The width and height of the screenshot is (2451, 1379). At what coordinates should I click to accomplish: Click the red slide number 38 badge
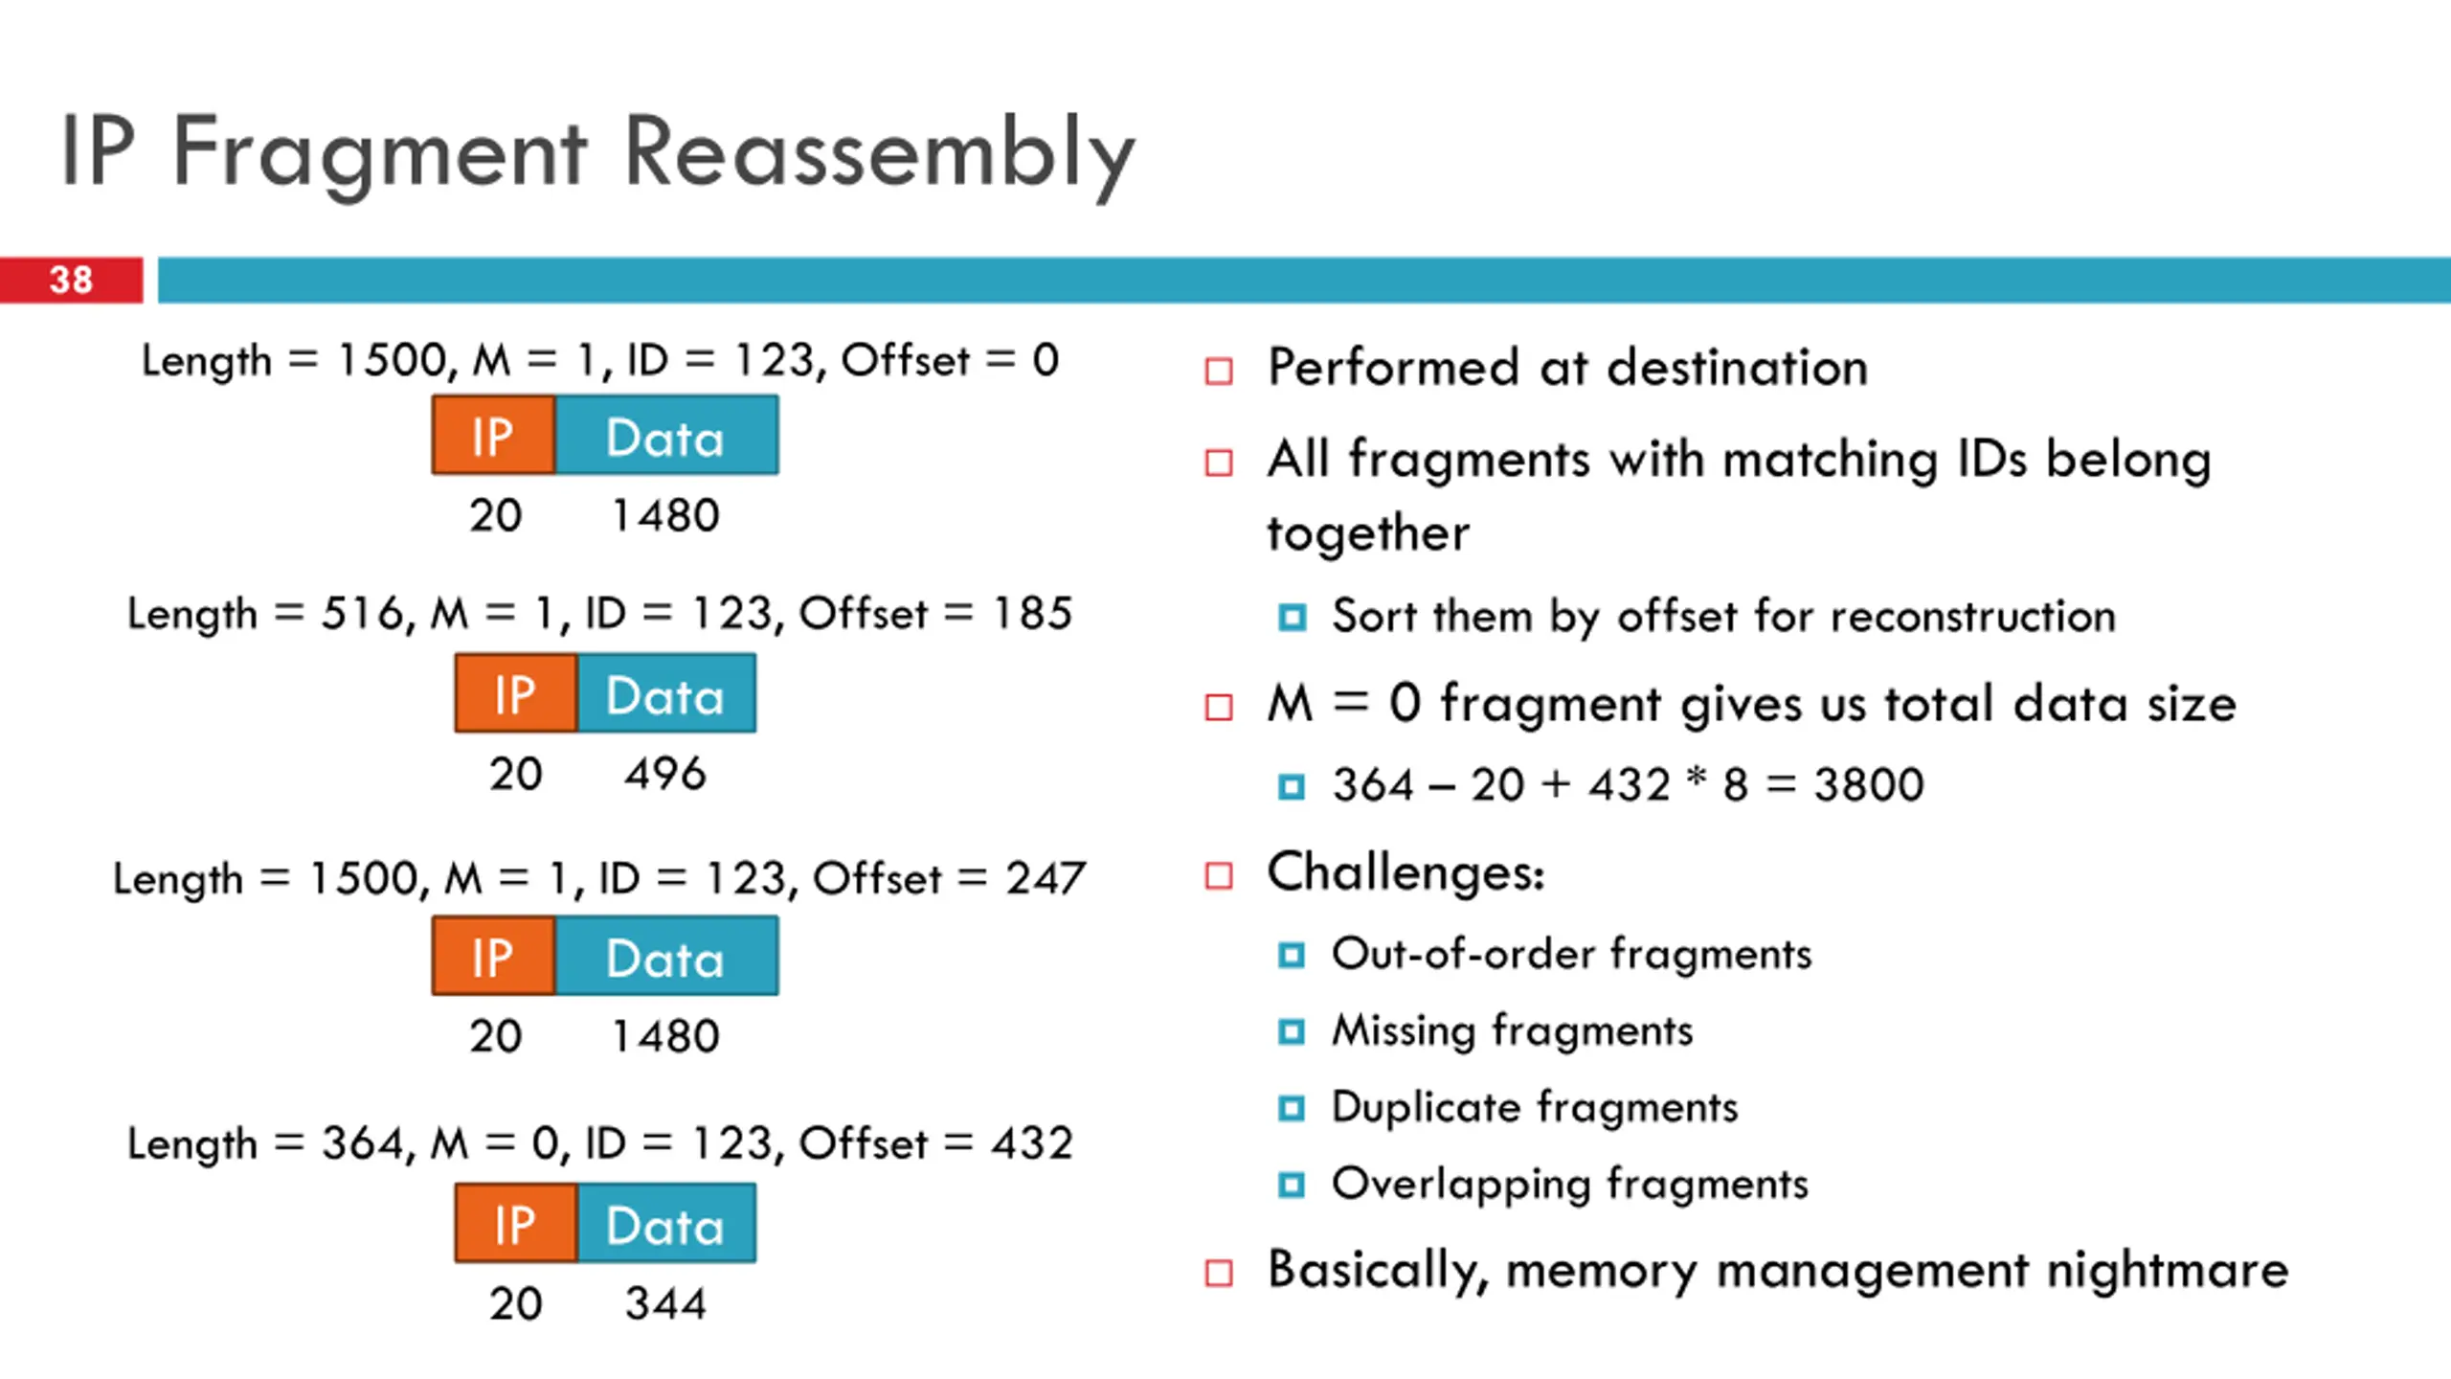[71, 280]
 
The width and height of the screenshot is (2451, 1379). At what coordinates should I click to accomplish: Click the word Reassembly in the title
[879, 153]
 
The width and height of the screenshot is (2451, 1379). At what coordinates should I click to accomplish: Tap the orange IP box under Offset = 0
[493, 436]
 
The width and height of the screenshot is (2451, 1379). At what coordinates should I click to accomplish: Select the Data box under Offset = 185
[666, 694]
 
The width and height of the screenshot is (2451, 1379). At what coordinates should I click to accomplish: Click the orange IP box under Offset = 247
[493, 957]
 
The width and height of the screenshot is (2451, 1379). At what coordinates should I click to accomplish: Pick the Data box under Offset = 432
[666, 1225]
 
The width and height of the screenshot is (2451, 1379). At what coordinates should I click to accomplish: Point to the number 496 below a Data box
[665, 774]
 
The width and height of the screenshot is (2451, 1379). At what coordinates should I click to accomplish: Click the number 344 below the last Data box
[665, 1304]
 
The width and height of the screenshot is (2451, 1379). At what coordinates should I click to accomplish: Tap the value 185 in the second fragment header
[1032, 614]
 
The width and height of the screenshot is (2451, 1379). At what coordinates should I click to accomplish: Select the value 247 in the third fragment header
[1046, 878]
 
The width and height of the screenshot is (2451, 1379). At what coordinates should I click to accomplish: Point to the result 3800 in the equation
[1869, 785]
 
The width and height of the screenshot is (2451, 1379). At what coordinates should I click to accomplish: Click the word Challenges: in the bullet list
[1405, 872]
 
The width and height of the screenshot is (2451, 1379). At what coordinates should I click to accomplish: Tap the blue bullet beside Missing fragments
[1292, 1031]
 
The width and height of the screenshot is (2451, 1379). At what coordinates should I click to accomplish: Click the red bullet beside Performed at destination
[1219, 371]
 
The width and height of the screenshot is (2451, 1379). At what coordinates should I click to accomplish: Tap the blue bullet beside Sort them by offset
[1292, 617]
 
